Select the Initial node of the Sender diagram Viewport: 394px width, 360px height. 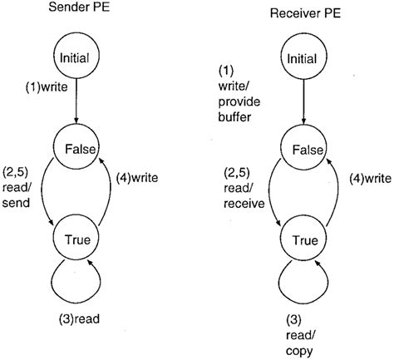[76, 57]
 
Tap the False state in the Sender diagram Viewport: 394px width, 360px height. [76, 150]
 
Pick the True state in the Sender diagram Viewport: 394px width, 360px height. [76, 241]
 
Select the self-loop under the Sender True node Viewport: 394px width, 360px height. [76, 283]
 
